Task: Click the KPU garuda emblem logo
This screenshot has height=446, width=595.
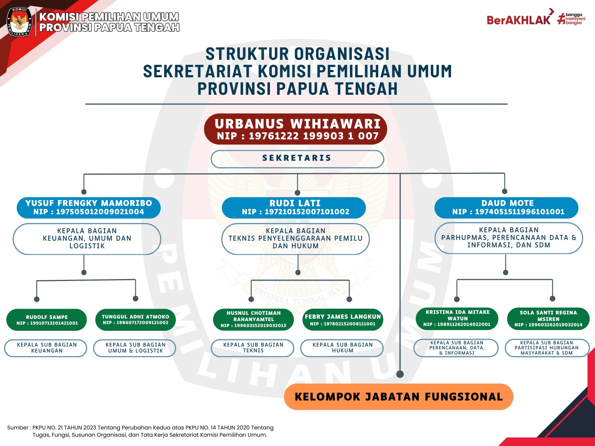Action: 20,22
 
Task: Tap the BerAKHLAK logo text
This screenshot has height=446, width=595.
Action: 518,20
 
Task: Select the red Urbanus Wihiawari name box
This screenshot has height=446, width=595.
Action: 295,129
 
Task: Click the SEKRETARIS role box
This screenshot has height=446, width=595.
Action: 297,159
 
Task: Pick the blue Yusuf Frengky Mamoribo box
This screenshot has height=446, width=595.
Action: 89,207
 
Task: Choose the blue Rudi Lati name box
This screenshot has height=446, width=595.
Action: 294,207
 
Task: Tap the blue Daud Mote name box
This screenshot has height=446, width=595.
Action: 506,207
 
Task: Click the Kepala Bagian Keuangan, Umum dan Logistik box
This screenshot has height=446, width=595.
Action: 87,239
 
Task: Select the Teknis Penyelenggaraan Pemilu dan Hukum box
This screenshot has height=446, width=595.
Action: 295,239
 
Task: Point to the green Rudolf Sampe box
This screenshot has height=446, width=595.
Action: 46,320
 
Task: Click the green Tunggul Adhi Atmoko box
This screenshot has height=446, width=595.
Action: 135,319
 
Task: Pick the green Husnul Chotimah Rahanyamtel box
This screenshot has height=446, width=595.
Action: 253,319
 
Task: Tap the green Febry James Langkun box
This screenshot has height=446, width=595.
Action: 342,319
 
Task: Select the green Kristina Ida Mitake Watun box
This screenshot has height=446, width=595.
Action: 457,319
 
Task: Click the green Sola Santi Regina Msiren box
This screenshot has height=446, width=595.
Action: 548,319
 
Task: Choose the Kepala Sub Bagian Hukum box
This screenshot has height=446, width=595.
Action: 342,348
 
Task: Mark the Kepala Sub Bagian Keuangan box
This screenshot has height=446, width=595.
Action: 46,348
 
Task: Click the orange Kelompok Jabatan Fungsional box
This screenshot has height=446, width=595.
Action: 398,397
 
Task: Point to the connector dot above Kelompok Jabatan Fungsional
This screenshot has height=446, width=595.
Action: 400,374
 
